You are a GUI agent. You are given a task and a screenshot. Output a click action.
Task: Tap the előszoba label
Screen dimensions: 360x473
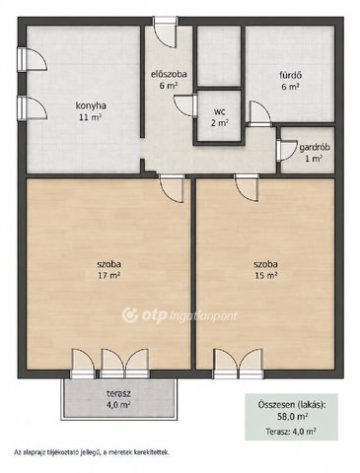[169, 74]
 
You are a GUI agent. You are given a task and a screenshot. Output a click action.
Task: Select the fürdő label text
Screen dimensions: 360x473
[291, 75]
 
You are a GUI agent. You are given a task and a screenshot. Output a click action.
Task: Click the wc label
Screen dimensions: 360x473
[220, 112]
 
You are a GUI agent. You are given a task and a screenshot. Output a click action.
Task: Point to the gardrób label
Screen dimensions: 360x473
[315, 148]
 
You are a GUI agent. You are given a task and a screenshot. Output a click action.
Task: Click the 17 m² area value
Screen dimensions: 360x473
[108, 276]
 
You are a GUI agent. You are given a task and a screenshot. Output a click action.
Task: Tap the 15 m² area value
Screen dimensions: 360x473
[265, 276]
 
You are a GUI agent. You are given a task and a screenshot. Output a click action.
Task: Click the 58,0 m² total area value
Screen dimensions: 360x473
[291, 417]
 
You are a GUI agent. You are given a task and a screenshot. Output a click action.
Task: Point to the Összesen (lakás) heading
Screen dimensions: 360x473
[291, 405]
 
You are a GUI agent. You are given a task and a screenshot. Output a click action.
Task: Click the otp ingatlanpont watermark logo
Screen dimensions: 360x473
[180, 315]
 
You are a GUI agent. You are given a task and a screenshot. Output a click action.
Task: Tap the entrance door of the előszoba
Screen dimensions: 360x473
[166, 33]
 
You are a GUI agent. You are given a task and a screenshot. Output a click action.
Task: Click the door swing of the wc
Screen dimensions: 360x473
[186, 104]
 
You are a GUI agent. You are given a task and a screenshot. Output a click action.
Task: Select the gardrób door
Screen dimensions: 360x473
[286, 150]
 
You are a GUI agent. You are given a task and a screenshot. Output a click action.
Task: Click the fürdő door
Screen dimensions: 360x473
[259, 113]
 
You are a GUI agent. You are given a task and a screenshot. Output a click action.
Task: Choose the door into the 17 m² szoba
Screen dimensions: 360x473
[171, 188]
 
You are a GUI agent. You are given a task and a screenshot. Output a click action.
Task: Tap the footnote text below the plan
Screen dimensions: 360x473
[92, 452]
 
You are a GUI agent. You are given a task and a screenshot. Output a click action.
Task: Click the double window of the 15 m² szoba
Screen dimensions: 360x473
[239, 364]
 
